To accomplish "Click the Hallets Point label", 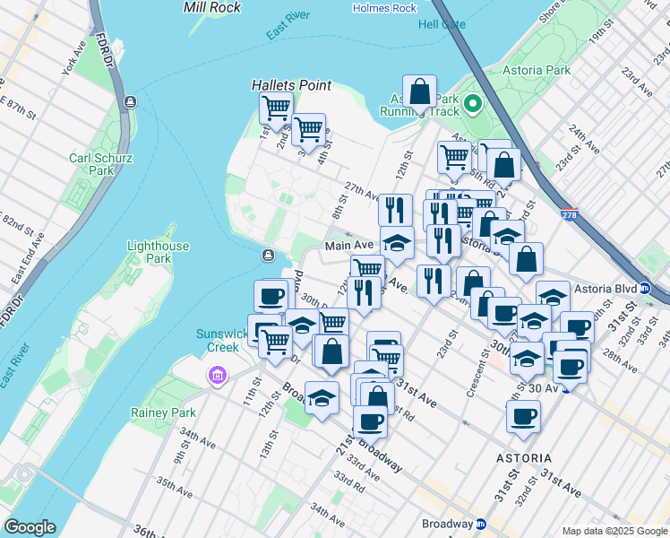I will coord(291,85).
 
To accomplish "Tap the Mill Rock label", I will coord(211,7).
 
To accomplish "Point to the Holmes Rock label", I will coord(385,8).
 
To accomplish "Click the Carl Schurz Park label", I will coord(92,164).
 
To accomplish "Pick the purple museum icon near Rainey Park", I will coord(217,375).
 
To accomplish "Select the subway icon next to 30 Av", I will coord(565,387).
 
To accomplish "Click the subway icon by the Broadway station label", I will coord(481,524).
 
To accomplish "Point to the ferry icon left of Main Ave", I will coord(268,256).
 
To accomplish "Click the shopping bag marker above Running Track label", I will coord(419,91).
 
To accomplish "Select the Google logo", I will coord(30,527).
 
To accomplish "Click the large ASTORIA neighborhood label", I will coord(524,457).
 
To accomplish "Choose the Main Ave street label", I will coord(348,245).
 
